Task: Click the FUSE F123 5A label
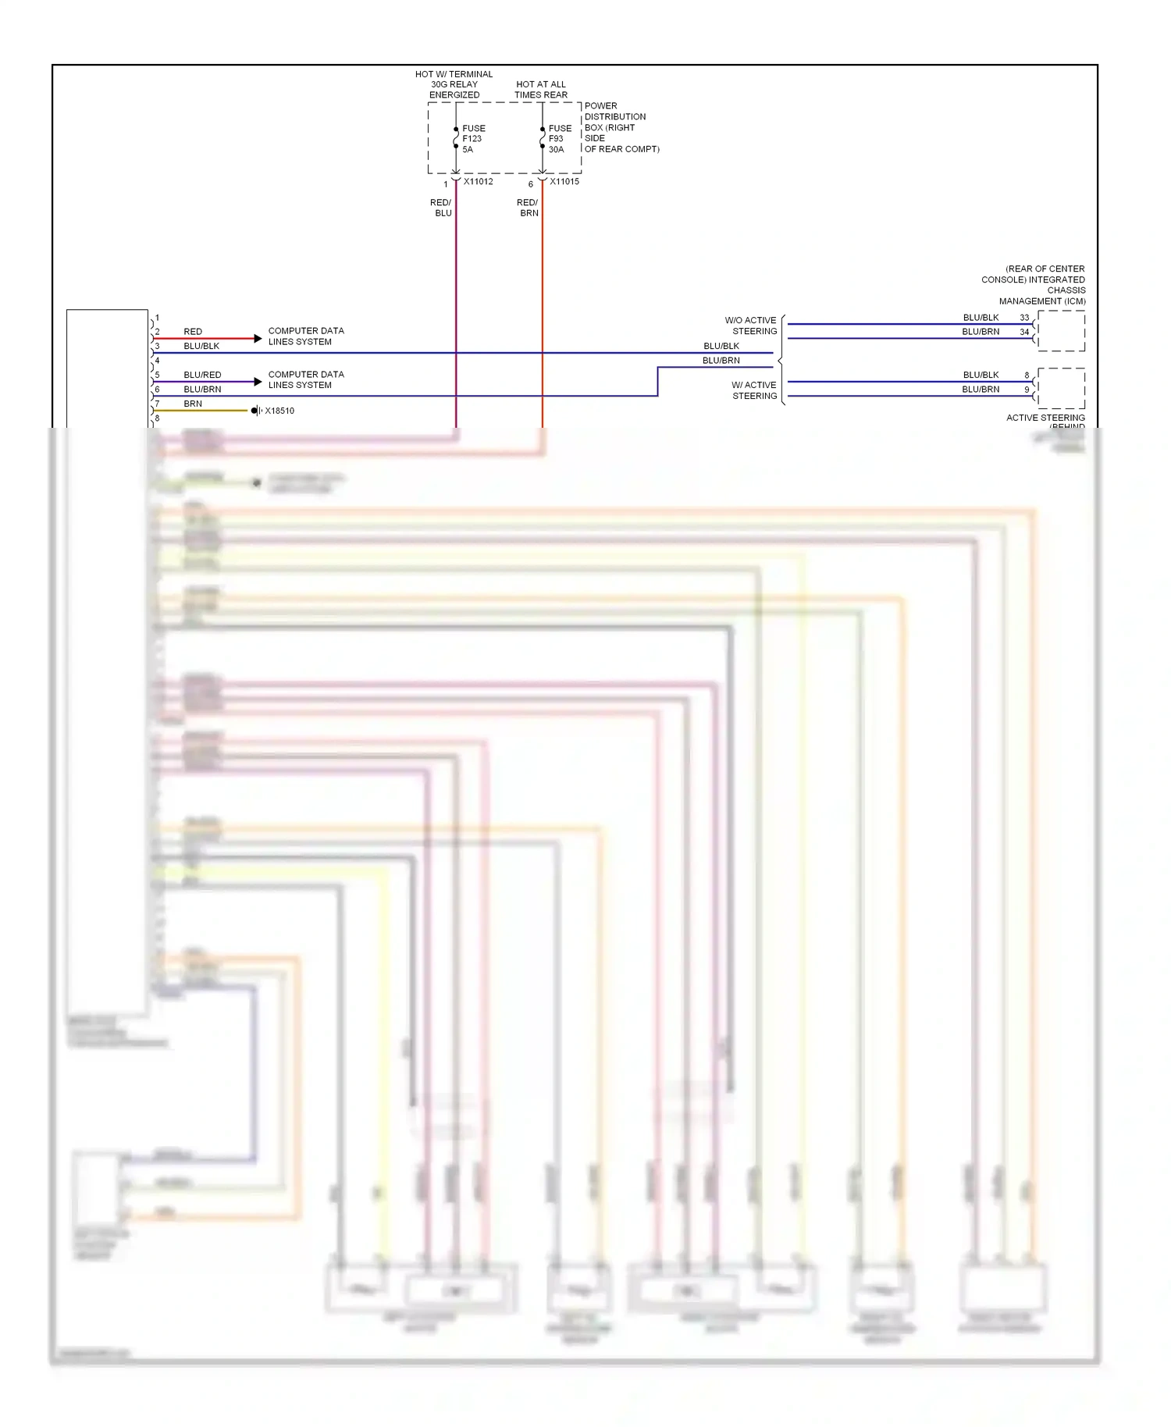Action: pos(473,139)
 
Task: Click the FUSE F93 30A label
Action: pos(559,139)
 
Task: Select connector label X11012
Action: pos(478,182)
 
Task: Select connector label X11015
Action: pos(564,182)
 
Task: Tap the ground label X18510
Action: pos(279,411)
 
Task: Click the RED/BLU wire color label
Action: pos(441,208)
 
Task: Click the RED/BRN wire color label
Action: pos(528,208)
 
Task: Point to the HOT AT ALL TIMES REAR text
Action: pos(540,90)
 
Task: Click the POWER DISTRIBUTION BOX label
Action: pos(621,127)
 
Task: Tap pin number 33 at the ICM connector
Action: pos(1024,318)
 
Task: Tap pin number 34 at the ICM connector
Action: pos(1024,332)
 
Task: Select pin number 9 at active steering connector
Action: pos(1027,390)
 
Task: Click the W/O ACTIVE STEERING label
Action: pos(751,326)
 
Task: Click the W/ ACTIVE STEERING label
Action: pos(754,390)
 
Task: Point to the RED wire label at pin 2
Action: pos(193,332)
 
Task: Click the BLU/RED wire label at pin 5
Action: pos(202,375)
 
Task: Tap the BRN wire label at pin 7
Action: pos(193,404)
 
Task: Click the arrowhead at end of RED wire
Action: pos(258,339)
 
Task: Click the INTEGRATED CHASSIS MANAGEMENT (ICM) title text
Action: pos(1038,285)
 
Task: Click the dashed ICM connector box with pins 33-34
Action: pos(1061,331)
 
